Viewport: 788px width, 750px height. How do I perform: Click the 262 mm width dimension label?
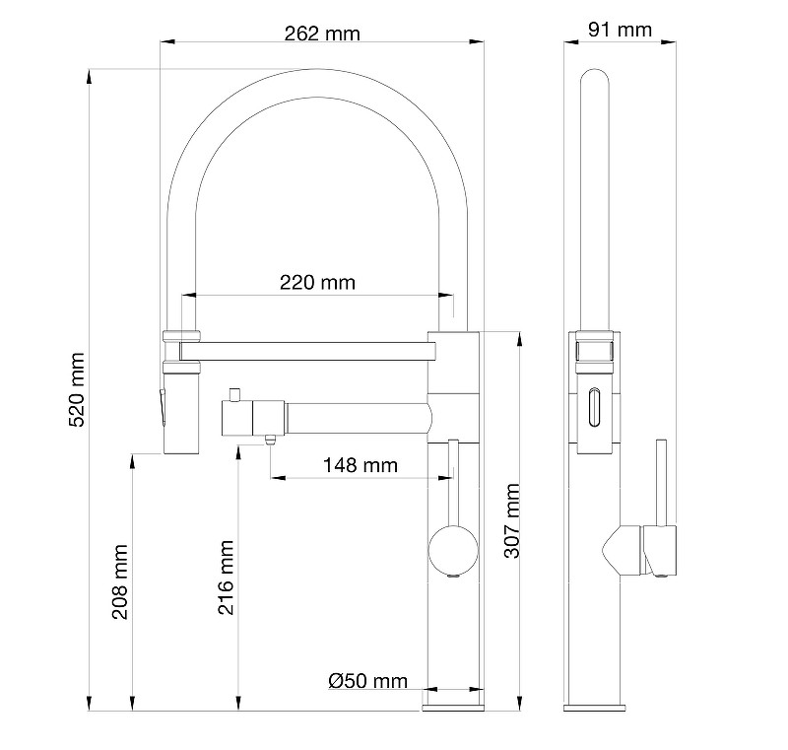coord(322,34)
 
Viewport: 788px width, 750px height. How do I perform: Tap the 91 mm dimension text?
coord(620,30)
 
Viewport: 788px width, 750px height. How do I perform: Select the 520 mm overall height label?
coord(77,389)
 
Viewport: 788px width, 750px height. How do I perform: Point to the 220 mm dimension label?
coord(317,282)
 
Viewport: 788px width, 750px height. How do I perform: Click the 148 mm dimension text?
coord(361,465)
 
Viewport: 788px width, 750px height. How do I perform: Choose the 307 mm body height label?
coord(511,520)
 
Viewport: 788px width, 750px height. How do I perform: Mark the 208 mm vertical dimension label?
coord(119,581)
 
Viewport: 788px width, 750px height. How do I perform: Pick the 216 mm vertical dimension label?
coord(226,578)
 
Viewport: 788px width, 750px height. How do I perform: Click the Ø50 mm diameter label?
coord(367,681)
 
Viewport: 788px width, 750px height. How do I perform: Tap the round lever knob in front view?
coord(453,551)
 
